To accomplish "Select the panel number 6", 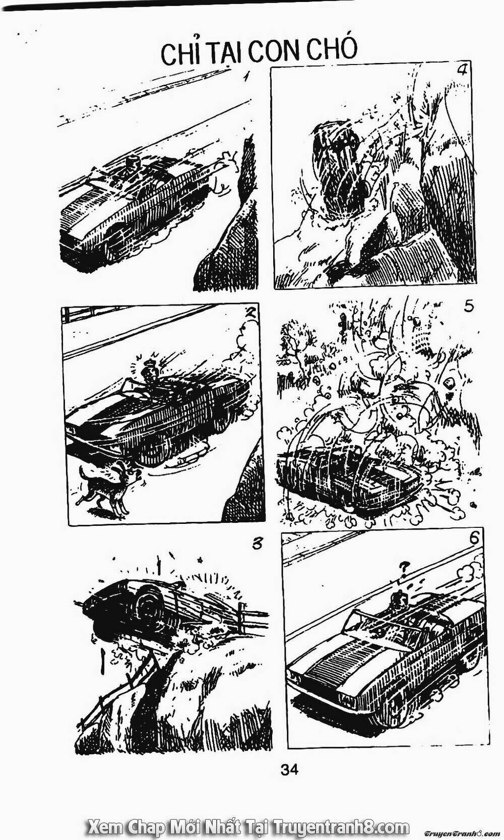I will click(x=473, y=538).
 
